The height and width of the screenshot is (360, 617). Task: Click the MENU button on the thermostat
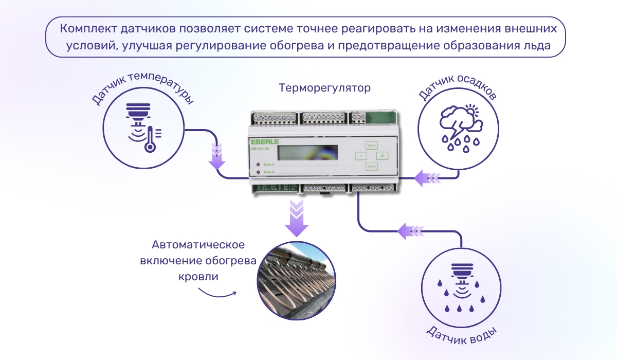pyautogui.click(x=372, y=145)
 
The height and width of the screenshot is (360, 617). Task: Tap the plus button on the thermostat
pyautogui.click(x=382, y=155)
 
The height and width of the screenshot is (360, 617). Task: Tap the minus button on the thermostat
pyautogui.click(x=361, y=155)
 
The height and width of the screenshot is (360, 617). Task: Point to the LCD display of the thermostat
pyautogui.click(x=308, y=153)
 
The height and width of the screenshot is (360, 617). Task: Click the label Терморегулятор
pyautogui.click(x=324, y=88)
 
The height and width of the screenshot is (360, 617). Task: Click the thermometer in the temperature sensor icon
pyautogui.click(x=150, y=138)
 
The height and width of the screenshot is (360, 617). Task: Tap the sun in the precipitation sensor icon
pyautogui.click(x=470, y=110)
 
